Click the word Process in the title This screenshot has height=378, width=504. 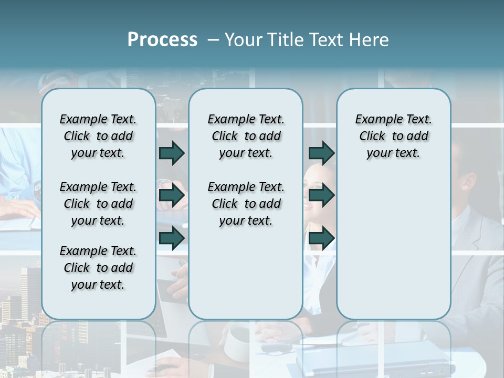click(x=162, y=40)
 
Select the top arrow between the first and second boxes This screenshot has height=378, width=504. click(x=172, y=153)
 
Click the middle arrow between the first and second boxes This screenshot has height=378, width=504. click(x=172, y=196)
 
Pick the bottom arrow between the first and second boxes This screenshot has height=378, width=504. click(x=172, y=238)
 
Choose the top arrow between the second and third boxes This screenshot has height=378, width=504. click(x=321, y=153)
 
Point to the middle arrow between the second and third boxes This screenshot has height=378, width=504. click(x=321, y=196)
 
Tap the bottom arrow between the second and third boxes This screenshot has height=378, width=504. click(x=321, y=238)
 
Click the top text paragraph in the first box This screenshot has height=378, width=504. click(x=98, y=136)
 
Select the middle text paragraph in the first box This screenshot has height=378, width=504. click(x=98, y=204)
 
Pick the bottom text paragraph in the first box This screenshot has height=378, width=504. click(x=98, y=268)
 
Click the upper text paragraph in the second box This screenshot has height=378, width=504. click(x=246, y=136)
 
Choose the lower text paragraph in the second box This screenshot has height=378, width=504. click(x=246, y=204)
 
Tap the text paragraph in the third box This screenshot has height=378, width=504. click(x=393, y=136)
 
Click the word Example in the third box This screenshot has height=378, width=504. click(x=375, y=120)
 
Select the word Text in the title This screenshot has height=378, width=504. click(x=325, y=40)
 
